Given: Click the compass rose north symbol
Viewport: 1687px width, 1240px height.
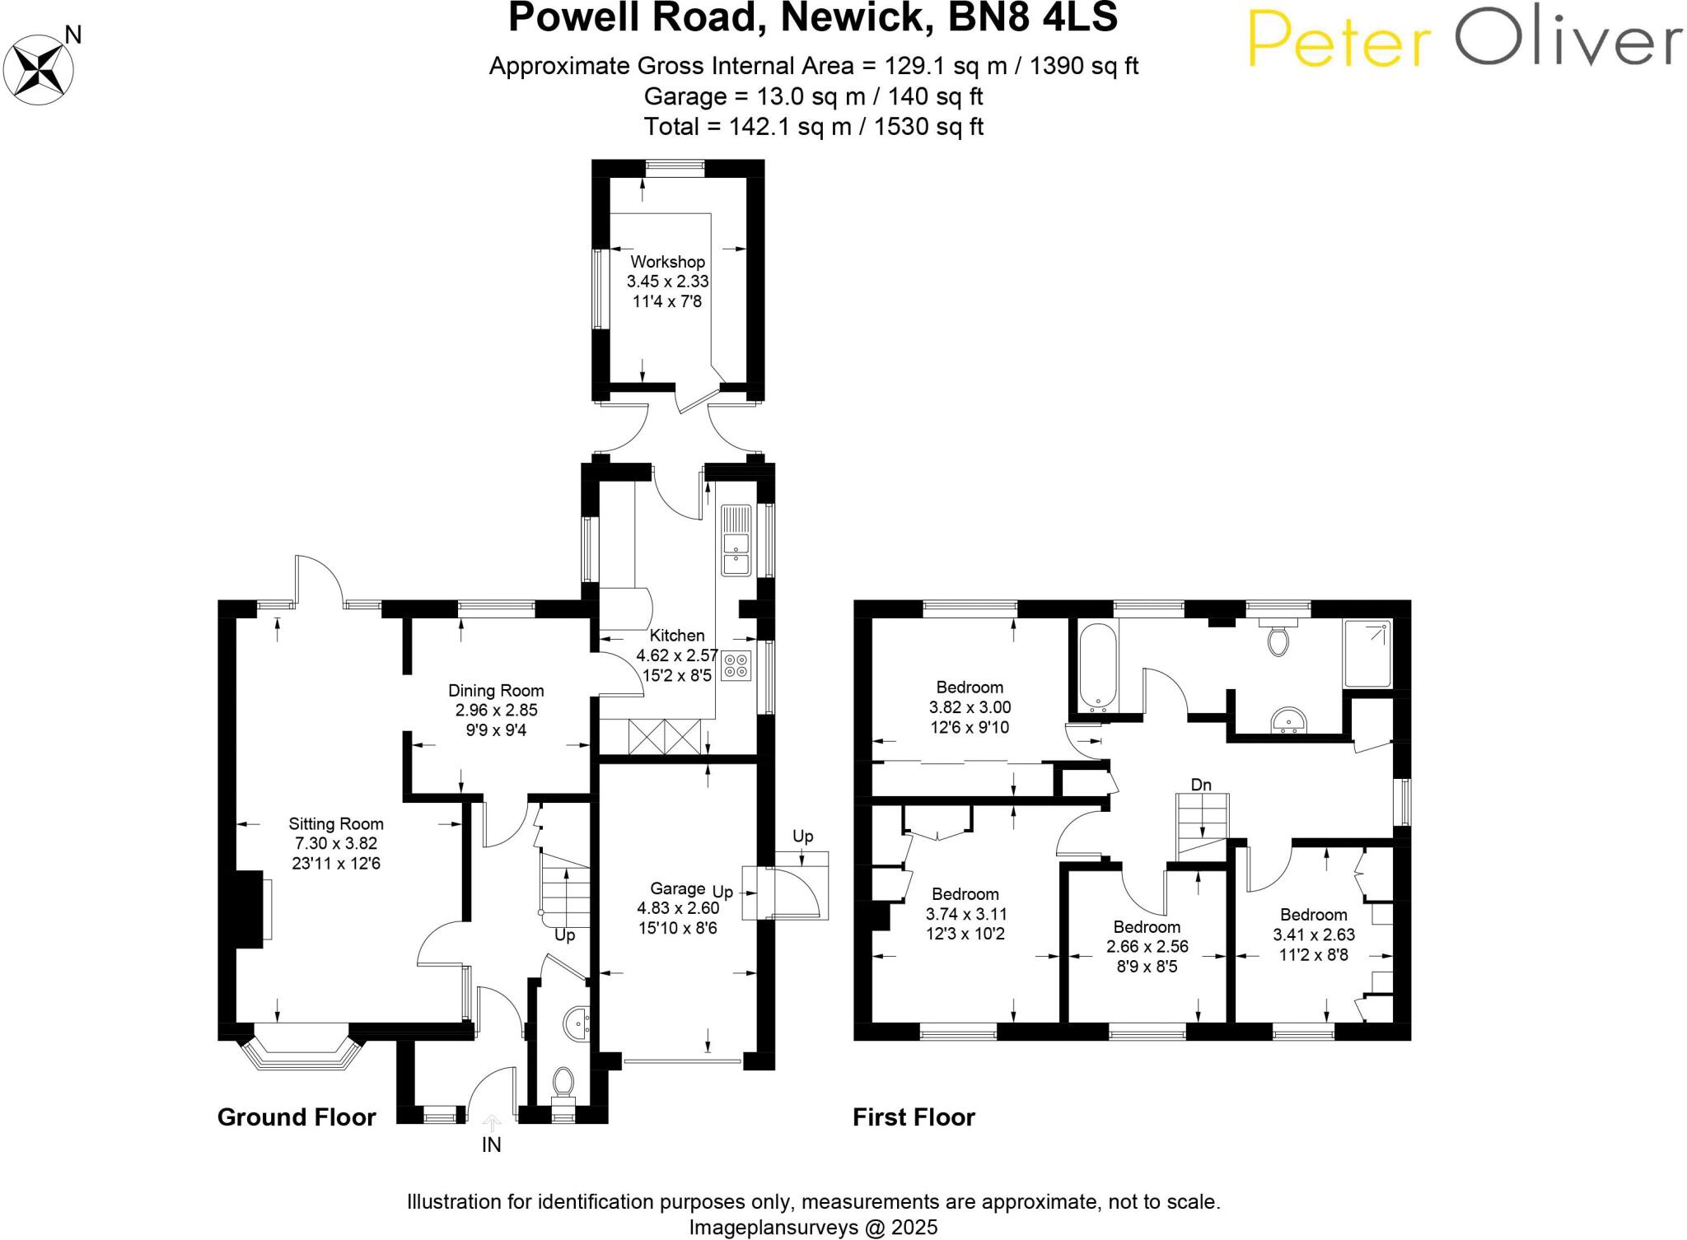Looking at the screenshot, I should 40,69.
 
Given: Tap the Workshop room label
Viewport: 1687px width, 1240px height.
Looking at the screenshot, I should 667,262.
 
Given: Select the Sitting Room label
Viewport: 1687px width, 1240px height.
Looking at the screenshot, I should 336,823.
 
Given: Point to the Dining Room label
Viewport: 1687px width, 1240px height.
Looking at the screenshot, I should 496,691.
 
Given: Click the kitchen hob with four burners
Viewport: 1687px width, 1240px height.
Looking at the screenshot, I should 736,665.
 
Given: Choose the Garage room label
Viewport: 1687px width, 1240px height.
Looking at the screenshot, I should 677,888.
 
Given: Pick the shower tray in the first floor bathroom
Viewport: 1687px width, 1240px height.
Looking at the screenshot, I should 1367,654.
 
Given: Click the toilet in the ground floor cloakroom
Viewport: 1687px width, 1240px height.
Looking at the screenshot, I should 563,1080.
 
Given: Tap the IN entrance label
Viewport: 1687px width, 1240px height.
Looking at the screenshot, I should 491,1144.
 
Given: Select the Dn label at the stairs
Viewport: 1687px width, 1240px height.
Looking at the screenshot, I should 1201,785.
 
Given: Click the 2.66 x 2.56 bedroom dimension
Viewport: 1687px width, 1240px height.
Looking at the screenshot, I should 1147,947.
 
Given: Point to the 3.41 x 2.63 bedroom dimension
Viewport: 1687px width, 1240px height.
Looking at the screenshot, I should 1314,935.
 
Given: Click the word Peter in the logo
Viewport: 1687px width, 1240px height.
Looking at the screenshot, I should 1339,40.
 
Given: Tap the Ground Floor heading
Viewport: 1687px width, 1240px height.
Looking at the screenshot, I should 297,1117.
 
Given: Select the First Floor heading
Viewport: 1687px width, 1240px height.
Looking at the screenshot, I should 914,1117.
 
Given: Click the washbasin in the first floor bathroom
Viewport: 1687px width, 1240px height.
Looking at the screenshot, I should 1287,720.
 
